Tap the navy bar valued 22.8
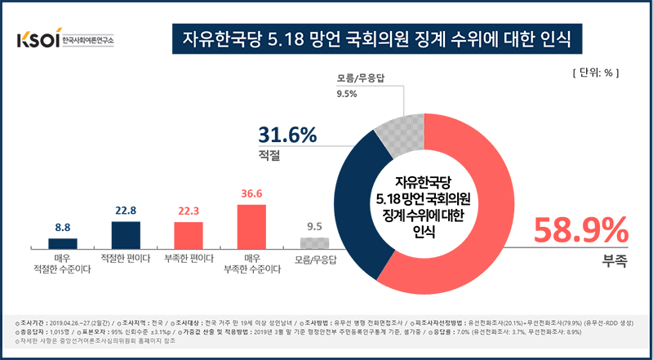click(x=126, y=233)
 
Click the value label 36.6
click(x=251, y=194)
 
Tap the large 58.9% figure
click(x=580, y=231)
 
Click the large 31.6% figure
click(x=287, y=135)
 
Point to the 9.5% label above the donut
click(x=347, y=94)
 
